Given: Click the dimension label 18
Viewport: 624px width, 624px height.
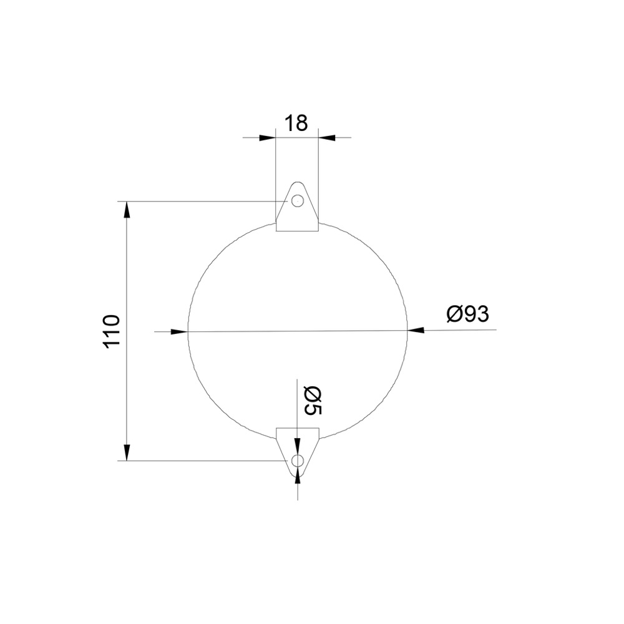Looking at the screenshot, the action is [296, 123].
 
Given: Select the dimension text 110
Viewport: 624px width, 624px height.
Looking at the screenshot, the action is [112, 331].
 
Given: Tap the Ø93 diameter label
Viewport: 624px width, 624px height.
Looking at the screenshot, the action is [467, 314].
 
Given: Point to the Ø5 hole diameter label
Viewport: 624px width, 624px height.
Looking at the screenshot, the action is [313, 401].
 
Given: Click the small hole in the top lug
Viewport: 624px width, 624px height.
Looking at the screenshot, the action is [297, 201].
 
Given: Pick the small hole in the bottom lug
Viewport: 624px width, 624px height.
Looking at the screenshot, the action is [297, 461].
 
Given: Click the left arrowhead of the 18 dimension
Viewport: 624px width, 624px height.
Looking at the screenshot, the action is [268, 138].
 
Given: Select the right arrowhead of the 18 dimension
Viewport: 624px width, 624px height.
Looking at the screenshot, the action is [327, 138].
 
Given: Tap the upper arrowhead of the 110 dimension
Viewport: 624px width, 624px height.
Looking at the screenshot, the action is [127, 210].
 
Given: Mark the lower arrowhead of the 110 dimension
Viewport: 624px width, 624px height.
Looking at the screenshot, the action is [127, 452].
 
